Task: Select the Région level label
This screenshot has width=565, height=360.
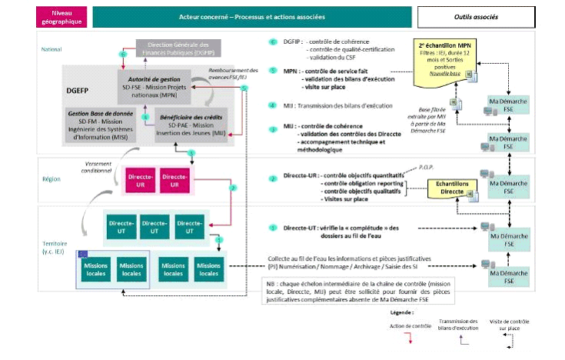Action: [52, 178]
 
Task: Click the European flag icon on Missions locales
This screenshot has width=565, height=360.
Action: [83, 255]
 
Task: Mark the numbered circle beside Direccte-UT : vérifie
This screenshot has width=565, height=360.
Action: [273, 228]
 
